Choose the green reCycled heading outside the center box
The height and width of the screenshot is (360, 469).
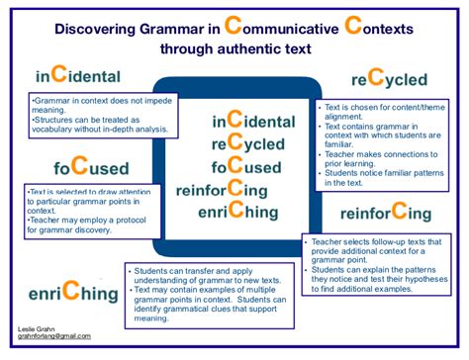(390, 78)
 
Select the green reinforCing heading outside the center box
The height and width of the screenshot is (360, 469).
(385, 212)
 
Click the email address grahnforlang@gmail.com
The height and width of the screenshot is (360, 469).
(54, 337)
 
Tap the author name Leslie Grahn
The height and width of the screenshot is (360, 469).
(39, 328)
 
